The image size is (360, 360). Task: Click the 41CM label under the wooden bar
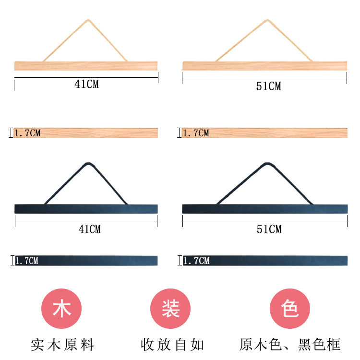click(x=86, y=84)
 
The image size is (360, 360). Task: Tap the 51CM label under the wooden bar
click(x=268, y=86)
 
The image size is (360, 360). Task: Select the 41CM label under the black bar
click(x=90, y=229)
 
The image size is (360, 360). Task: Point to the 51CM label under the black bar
click(x=268, y=229)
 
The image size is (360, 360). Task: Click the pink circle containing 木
click(x=62, y=309)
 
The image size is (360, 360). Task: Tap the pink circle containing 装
click(x=170, y=309)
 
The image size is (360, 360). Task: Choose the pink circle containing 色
click(x=290, y=309)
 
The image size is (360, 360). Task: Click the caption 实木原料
click(x=62, y=344)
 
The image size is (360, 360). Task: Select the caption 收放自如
click(x=172, y=344)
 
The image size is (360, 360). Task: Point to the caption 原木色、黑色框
click(x=290, y=344)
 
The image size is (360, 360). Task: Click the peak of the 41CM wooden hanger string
click(x=88, y=21)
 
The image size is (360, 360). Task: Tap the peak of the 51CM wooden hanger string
click(x=267, y=20)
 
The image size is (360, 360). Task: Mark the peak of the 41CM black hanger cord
click(x=87, y=164)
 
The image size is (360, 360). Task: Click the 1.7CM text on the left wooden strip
click(x=28, y=133)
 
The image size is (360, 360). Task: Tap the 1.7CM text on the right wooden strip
click(x=196, y=133)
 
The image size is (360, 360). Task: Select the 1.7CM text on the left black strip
click(x=27, y=261)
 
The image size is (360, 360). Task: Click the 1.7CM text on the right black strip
click(x=196, y=261)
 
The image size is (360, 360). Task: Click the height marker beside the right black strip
click(x=180, y=261)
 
